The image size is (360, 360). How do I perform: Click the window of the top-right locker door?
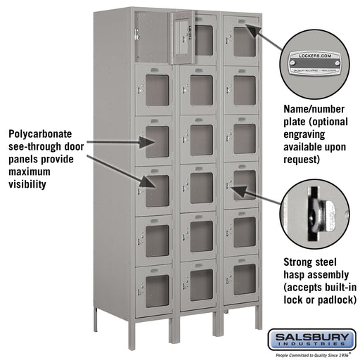245,41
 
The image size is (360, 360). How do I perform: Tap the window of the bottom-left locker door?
157,285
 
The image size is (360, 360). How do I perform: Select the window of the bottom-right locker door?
245,279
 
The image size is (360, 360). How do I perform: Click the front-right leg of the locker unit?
258,319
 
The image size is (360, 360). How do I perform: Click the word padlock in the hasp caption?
333,300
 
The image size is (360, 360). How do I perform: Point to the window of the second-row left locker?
157,91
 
